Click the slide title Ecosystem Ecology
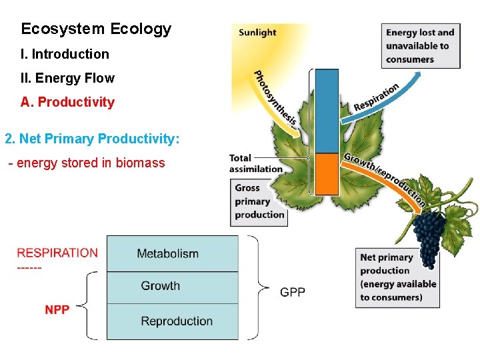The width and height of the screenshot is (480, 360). (96, 29)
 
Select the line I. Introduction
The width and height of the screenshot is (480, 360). (65, 54)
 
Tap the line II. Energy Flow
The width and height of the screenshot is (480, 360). (67, 78)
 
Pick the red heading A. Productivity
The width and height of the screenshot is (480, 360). (67, 102)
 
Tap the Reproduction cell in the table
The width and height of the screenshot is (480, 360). (177, 321)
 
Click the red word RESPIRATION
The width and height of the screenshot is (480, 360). (57, 253)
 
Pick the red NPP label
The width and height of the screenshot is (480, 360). (57, 310)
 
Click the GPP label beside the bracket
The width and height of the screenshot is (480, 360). (293, 292)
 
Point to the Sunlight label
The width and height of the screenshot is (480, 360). (257, 32)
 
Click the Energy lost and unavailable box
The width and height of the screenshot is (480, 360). (420, 46)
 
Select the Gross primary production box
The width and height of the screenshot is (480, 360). (259, 201)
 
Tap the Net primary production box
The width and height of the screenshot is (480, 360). (398, 277)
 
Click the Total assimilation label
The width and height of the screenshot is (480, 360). (255, 163)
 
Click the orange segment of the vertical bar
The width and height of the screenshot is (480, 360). (327, 173)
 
